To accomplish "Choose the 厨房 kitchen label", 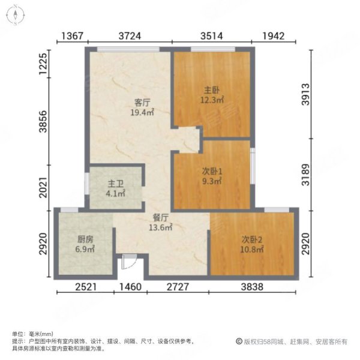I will tap(85, 238).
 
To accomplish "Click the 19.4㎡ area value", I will tap(142, 112).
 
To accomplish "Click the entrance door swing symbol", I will tap(128, 262).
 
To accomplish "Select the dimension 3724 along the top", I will tap(130, 37).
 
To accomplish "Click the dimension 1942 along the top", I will tap(272, 37).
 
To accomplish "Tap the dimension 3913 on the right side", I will tap(325, 92).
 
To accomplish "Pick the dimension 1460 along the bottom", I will tap(130, 287).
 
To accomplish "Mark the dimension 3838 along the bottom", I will tap(253, 287).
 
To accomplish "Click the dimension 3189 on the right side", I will tap(325, 173).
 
